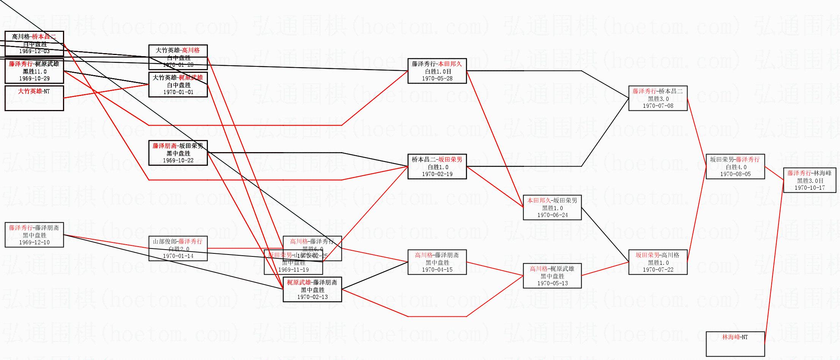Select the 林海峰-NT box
pyautogui.click(x=735, y=344)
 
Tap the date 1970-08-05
pyautogui.click(x=735, y=174)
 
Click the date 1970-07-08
pyautogui.click(x=658, y=106)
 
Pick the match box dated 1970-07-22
pyautogui.click(x=658, y=262)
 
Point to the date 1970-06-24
pyautogui.click(x=552, y=215)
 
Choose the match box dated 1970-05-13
pyautogui.click(x=552, y=276)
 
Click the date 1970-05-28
pyautogui.click(x=437, y=79)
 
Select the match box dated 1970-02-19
pyautogui.click(x=437, y=167)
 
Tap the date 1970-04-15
pyautogui.click(x=437, y=270)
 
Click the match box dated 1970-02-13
pyautogui.click(x=312, y=289)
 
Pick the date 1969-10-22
pyautogui.click(x=178, y=160)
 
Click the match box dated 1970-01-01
pyautogui.click(x=178, y=85)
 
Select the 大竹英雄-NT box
pyautogui.click(x=34, y=98)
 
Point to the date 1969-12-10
pyautogui.click(x=34, y=242)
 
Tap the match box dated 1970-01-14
pyautogui.click(x=178, y=248)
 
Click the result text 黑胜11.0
pyautogui.click(x=34, y=71)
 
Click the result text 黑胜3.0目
pyautogui.click(x=810, y=181)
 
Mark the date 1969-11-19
pyautogui.click(x=293, y=270)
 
